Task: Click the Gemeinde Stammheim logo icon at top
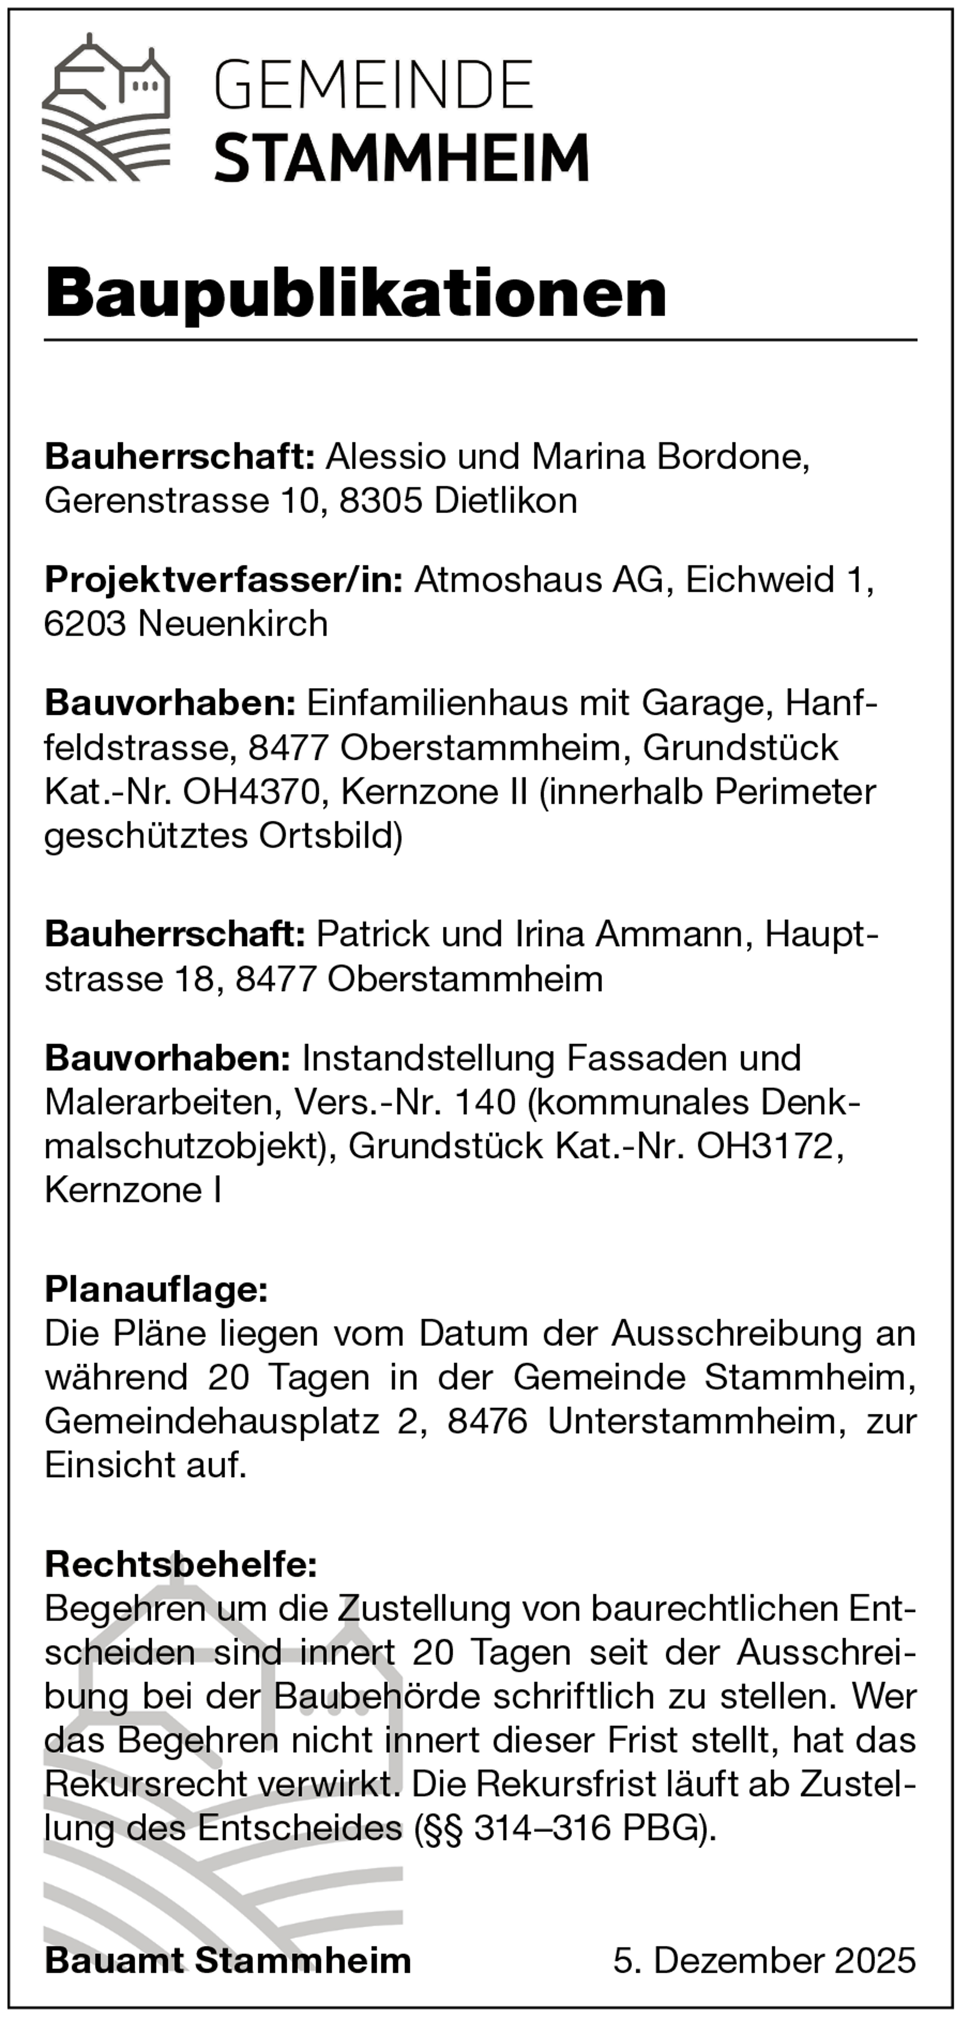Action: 106,107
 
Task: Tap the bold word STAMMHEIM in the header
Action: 401,158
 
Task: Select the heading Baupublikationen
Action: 356,293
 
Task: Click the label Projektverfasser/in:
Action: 223,580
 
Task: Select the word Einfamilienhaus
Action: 436,703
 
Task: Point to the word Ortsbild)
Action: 330,836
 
